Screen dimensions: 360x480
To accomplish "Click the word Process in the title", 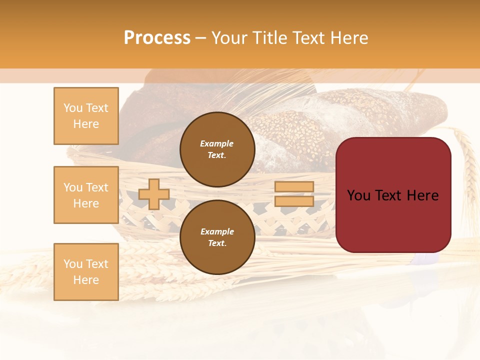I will pos(157,38).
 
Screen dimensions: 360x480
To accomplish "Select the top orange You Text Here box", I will pos(86,116).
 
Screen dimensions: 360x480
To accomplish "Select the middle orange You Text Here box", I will pos(86,195).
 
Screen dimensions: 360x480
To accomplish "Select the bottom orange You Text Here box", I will pos(86,272).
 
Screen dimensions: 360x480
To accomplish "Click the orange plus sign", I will pos(153,194).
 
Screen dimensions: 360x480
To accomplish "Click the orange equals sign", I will pos(294,194).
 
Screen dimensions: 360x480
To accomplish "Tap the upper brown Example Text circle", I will pos(217,149).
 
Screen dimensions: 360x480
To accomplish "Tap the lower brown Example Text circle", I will pos(217,237).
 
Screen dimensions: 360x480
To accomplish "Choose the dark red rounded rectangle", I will pos(393,220).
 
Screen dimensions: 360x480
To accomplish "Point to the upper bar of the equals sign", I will pos(294,187).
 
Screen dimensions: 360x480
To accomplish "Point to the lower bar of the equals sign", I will pos(294,201).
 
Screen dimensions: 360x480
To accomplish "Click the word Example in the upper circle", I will pos(217,144).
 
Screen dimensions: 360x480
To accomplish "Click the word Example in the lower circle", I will pos(217,232).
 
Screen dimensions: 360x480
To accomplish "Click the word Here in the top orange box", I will pos(86,124).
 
